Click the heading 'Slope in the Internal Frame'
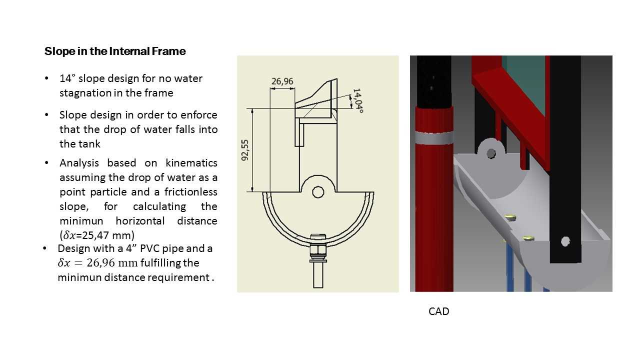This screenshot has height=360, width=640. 115,51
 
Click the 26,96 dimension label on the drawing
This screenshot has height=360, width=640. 282,81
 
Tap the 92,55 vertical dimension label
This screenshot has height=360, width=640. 245,150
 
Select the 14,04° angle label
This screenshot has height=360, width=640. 358,101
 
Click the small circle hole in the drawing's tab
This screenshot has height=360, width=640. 318,192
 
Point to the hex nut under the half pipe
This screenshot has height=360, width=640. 318,250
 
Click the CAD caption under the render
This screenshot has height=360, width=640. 439,311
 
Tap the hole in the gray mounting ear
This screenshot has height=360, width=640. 491,153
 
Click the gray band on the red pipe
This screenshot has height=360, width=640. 434,138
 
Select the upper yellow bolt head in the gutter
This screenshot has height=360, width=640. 510,217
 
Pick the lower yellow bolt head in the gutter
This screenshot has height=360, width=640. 528,238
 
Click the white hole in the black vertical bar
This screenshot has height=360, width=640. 565,241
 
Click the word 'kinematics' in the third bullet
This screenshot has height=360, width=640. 191,163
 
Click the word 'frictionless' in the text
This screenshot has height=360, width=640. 190,192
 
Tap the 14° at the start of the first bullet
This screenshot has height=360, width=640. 67,78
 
